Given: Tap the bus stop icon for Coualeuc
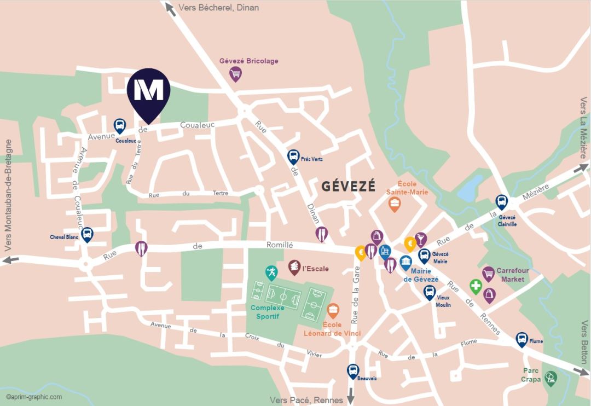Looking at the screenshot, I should [x=120, y=125].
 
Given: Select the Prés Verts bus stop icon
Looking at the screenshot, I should [x=294, y=156].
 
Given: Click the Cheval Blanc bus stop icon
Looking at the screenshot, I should [x=87, y=234].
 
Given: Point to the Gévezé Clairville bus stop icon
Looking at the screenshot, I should [x=501, y=201].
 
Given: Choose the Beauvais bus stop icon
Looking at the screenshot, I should [x=353, y=370].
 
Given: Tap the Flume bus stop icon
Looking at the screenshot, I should [x=522, y=339].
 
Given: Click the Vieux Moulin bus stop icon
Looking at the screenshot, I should [x=430, y=292].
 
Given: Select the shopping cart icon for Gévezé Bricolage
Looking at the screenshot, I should [x=235, y=73].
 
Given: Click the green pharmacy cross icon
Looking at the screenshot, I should [x=476, y=286].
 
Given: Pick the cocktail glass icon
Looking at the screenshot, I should [x=420, y=239].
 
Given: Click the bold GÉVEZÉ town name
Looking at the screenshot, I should [x=349, y=186].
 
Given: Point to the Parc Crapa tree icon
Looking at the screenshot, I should [x=551, y=377].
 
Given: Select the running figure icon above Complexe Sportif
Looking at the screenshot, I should [x=271, y=271].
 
